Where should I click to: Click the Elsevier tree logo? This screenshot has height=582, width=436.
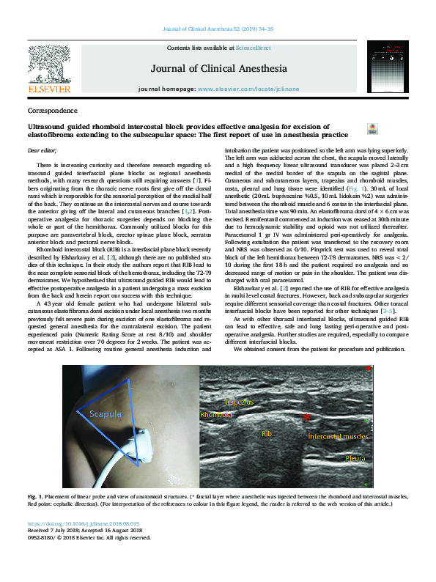[48, 64]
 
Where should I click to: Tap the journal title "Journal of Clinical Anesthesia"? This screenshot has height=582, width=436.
[218, 69]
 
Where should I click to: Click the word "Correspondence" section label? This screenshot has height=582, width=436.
[52, 111]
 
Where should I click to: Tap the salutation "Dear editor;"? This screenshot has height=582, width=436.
[42, 150]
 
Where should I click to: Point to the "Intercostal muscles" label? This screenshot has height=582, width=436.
[338, 436]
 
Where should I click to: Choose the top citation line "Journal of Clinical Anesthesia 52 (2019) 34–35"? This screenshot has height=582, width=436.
[218, 29]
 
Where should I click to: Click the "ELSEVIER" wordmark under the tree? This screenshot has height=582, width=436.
[49, 89]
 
